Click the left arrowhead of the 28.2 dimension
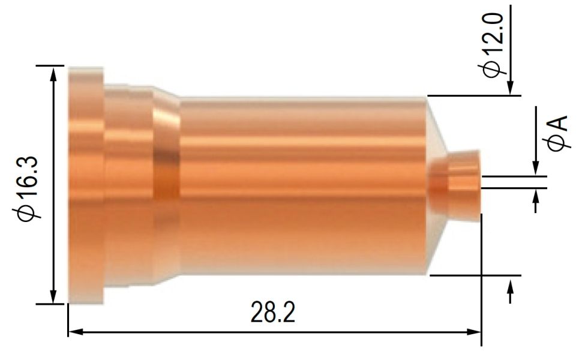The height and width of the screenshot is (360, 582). [x=73, y=330]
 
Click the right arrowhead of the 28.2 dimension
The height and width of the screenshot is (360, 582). [x=476, y=330]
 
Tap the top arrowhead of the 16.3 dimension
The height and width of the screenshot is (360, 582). [x=55, y=73]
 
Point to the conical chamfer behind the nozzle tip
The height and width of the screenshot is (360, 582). [x=436, y=138]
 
